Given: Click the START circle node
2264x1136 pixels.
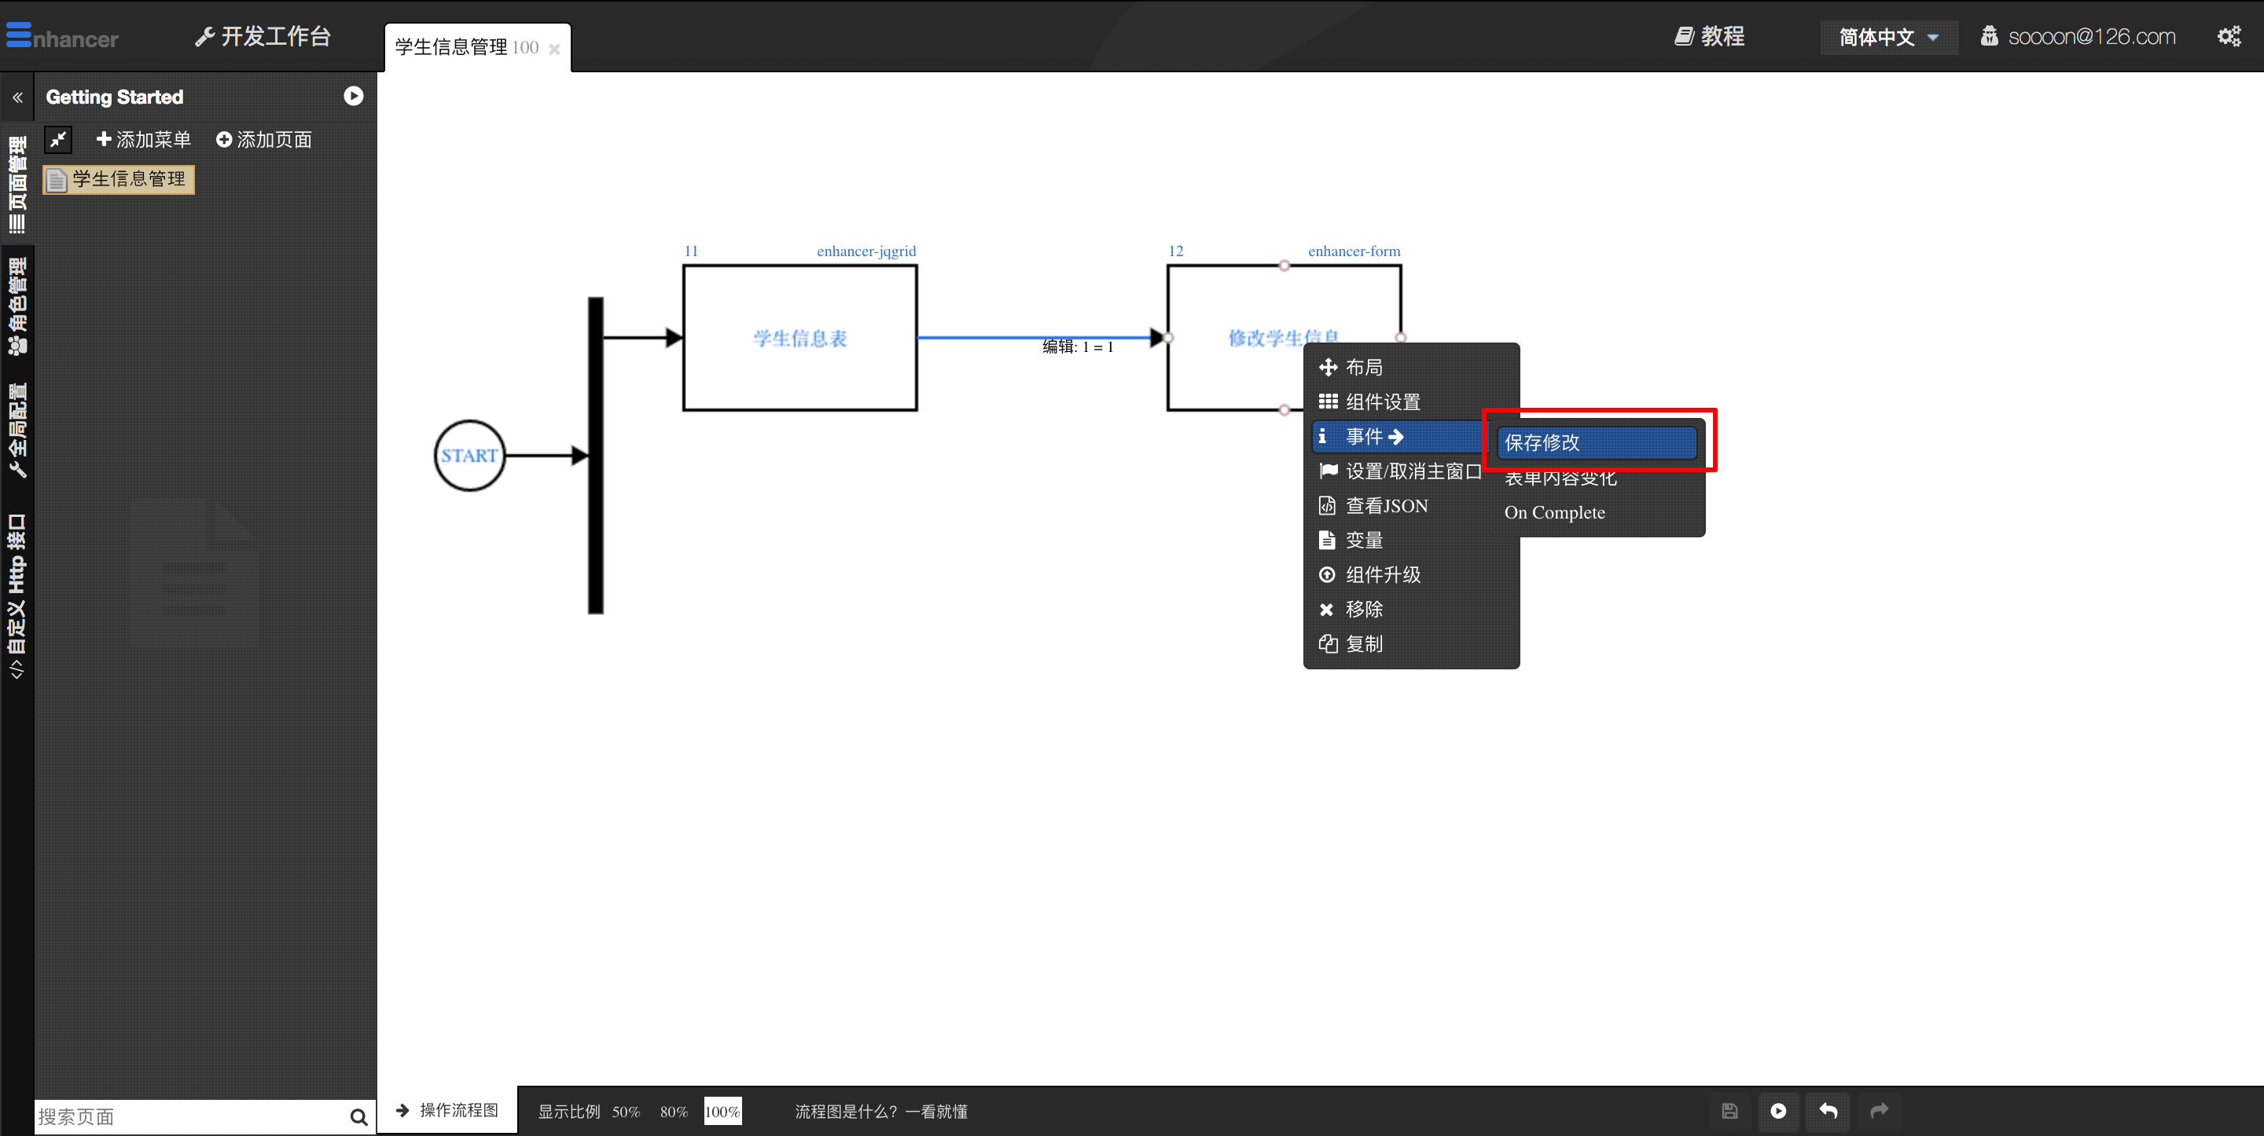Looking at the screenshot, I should (x=469, y=455).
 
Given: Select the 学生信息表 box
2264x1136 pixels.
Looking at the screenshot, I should (x=799, y=339).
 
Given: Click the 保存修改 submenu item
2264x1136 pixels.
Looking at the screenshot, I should (x=1596, y=442).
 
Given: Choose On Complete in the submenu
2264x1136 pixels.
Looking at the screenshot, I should (x=1554, y=512).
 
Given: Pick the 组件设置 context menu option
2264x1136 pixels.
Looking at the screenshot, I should (x=1383, y=401).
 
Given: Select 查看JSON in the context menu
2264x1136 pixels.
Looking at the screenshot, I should (x=1386, y=506).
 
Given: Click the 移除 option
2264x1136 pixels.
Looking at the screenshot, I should (x=1364, y=609).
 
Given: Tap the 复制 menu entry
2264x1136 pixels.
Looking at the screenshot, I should (x=1364, y=644).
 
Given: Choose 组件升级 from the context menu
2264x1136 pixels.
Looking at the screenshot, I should (x=1383, y=574).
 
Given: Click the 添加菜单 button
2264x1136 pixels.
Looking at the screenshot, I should (x=143, y=140).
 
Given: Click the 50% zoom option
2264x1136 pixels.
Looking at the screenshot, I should (x=626, y=1112).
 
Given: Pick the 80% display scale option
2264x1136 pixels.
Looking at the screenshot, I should (x=673, y=1112).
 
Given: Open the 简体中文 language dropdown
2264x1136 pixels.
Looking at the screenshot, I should (x=1887, y=37).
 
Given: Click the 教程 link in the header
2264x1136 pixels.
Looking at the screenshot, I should (x=1710, y=36).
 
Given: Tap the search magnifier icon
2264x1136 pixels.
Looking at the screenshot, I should (x=358, y=1116).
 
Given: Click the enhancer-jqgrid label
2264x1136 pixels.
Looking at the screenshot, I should (x=866, y=251).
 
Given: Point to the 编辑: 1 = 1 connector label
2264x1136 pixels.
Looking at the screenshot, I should (x=1078, y=347).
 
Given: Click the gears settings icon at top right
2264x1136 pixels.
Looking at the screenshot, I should (x=2229, y=36).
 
